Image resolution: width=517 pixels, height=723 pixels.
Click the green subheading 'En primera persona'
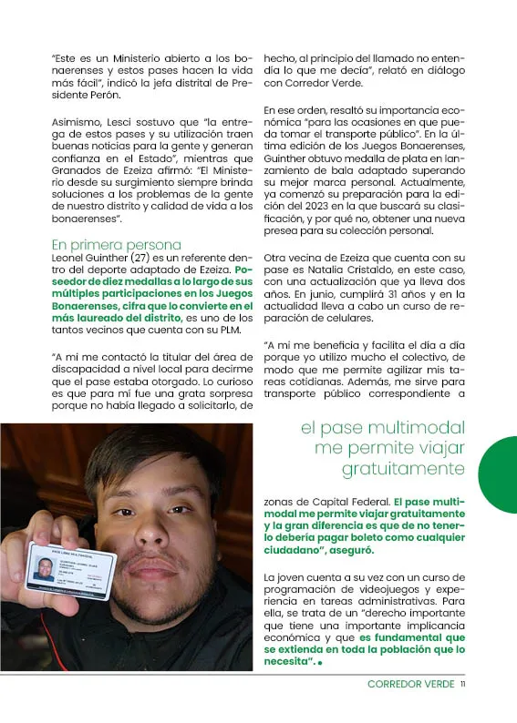pyautogui.click(x=116, y=244)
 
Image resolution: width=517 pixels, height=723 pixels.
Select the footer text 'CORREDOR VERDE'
pyautogui.click(x=409, y=684)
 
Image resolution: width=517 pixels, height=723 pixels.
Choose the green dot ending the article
pyautogui.click(x=321, y=662)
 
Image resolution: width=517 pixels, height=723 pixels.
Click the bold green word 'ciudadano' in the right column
pyautogui.click(x=291, y=552)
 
